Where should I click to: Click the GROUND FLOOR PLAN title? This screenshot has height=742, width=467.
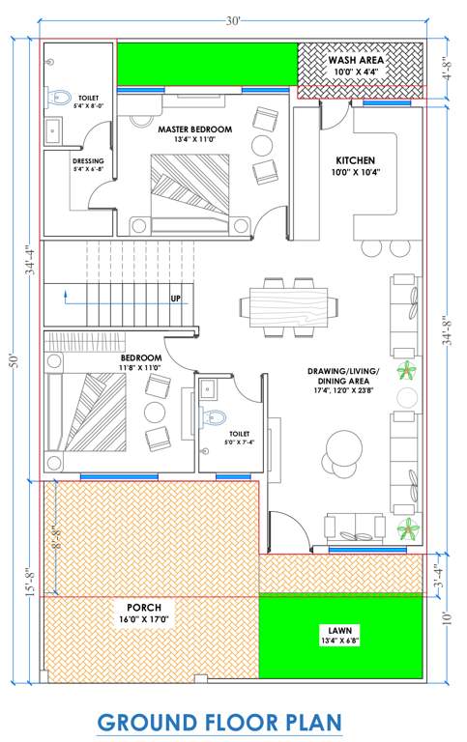(x=219, y=722)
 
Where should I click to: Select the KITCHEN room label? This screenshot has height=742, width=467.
(x=355, y=160)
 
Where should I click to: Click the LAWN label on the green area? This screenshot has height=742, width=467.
(x=343, y=634)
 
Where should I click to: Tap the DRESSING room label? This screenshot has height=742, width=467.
(x=88, y=164)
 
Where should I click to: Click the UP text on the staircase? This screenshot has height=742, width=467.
(x=176, y=299)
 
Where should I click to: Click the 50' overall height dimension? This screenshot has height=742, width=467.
(x=13, y=360)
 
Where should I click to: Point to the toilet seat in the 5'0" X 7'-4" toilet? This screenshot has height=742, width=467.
(x=210, y=416)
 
